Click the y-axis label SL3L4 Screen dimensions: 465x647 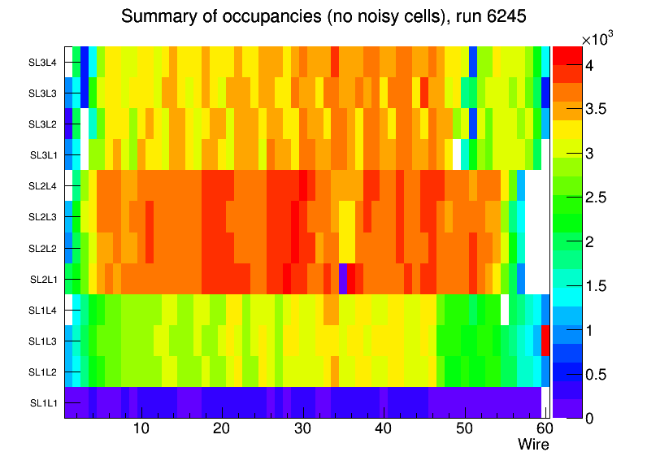click(43, 62)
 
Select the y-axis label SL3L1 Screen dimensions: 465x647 click(43, 154)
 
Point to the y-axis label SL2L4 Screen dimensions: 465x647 click(43, 186)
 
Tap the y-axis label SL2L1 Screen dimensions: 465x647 click(43, 279)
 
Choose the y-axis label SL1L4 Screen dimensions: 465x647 click(43, 310)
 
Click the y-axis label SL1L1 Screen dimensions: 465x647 click(43, 402)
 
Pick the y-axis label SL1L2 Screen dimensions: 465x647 click(43, 372)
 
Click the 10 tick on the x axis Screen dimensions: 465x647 click(141, 428)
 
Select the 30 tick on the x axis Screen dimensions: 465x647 click(302, 428)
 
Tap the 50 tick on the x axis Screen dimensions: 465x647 click(463, 428)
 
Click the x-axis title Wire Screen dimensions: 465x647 click(534, 445)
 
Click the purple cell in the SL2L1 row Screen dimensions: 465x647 click(344, 279)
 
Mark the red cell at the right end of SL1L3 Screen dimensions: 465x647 click(545, 341)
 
